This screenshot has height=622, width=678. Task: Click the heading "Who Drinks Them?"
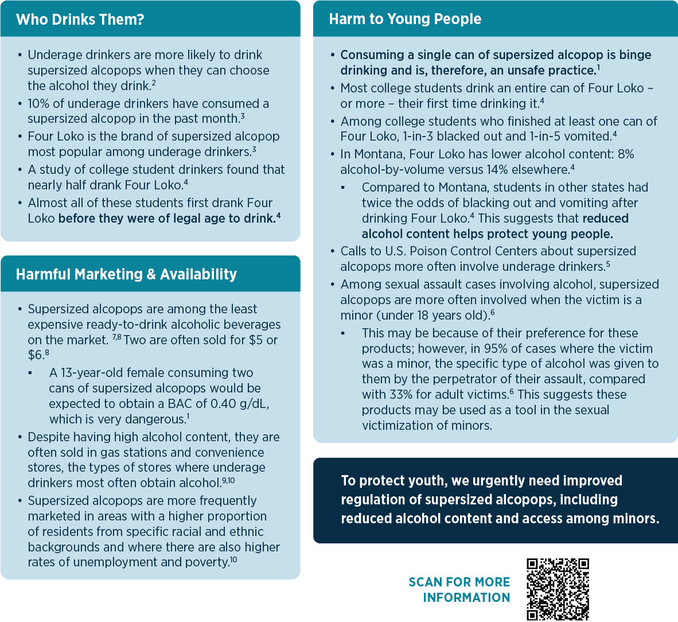coord(80,20)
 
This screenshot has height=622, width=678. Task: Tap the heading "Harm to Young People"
coord(405,19)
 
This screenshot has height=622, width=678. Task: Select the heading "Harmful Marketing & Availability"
coord(126,274)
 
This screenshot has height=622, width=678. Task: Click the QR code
coord(558,589)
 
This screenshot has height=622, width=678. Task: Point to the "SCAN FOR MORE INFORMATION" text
coord(459,590)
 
